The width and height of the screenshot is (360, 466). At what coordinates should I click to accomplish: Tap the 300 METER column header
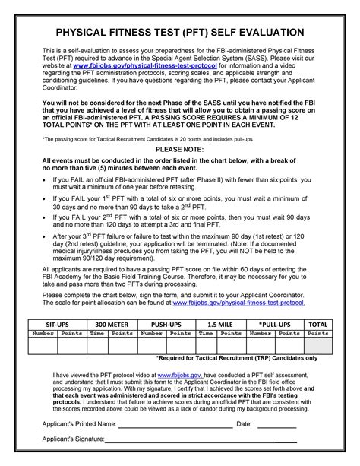tap(106, 324)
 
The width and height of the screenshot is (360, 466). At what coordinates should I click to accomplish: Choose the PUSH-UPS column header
tap(166, 324)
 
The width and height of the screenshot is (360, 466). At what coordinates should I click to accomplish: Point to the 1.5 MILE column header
tap(220, 324)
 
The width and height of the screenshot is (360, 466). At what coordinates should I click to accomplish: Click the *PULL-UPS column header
tap(274, 324)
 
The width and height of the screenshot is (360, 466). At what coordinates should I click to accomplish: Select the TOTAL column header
tap(317, 324)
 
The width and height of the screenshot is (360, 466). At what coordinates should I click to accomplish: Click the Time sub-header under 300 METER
tap(96, 333)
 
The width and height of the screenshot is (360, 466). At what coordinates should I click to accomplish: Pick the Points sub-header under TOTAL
tap(317, 333)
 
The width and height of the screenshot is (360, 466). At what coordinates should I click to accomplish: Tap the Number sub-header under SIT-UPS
tap(43, 333)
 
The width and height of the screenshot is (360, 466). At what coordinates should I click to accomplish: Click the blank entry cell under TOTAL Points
tap(317, 346)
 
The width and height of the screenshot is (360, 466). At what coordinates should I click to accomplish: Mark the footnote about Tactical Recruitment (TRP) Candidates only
tap(236, 358)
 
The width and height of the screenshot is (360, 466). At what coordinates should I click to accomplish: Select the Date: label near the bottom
tap(244, 423)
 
